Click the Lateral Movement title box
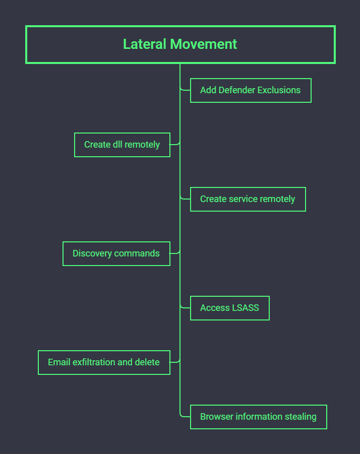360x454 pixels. coord(180,44)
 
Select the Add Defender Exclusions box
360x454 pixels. coord(251,91)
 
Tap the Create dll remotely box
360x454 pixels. coord(122,145)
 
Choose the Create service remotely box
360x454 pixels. coord(248,199)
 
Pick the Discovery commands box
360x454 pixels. coord(116,253)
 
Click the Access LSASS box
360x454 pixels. coord(229,308)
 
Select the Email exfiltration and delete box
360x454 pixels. coord(104,362)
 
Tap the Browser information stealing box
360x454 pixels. coord(258,417)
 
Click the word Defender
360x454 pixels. coord(236,91)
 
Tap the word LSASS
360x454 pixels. coord(245,308)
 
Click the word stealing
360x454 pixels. coord(301,417)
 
